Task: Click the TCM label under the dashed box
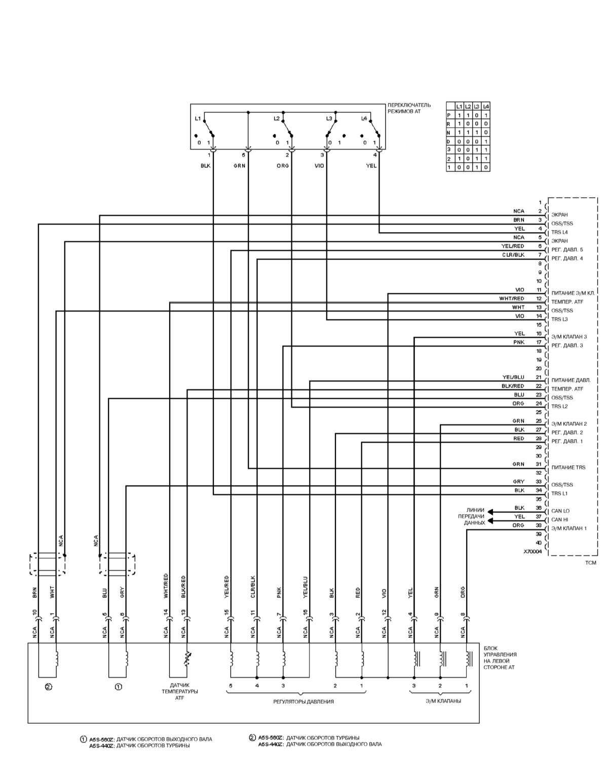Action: pos(591,562)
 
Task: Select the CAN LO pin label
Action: pos(560,511)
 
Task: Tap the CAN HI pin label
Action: pos(559,520)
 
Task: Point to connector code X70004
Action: pos(532,552)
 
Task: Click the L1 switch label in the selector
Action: pos(198,119)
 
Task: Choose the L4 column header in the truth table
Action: pos(486,106)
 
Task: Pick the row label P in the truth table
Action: pos(448,115)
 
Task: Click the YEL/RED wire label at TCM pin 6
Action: pos(513,246)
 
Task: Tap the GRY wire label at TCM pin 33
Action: pos(518,482)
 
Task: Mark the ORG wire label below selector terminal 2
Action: pos(282,166)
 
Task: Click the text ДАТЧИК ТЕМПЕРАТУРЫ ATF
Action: pos(180,691)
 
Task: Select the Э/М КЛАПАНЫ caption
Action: pos(443,702)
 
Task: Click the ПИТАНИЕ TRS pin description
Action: pos(568,468)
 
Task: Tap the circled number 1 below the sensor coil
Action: pos(118,687)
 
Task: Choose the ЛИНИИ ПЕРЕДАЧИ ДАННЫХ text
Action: pos(475,516)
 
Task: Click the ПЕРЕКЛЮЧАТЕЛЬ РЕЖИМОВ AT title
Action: pos(409,108)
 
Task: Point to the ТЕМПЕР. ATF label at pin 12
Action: pos(567,302)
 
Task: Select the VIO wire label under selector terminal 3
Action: pos(319,166)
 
